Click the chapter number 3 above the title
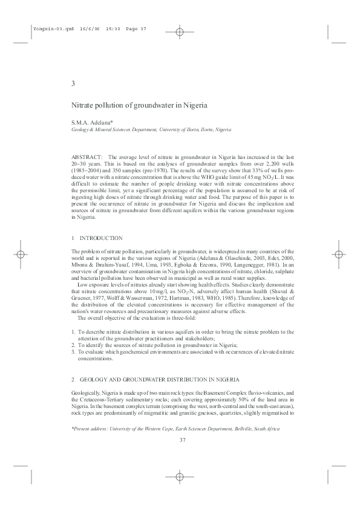coord(73,83)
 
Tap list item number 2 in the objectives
coord(73,345)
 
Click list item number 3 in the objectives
coord(73,351)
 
